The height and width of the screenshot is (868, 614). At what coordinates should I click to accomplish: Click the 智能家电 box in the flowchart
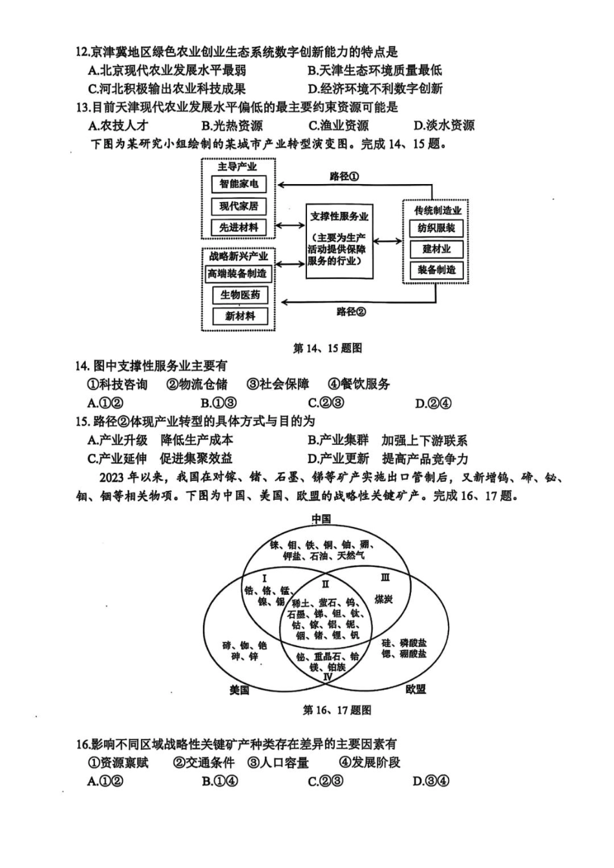[x=238, y=184]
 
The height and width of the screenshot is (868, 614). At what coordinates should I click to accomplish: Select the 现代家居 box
[x=238, y=206]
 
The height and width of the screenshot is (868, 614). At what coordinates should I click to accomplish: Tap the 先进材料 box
[x=238, y=227]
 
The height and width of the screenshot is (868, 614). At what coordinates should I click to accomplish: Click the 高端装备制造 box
[x=237, y=274]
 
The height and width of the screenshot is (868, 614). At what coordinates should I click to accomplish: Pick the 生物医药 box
[x=240, y=295]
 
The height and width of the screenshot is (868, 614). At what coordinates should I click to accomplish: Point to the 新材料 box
[x=240, y=316]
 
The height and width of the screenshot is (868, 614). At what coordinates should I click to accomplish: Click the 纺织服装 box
[x=436, y=228]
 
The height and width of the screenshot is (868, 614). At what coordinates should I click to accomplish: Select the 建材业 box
[x=436, y=249]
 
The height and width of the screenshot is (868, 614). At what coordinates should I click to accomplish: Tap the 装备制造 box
[x=436, y=270]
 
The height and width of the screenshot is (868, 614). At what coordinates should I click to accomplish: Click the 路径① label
[x=344, y=176]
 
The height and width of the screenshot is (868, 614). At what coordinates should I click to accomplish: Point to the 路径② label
[x=351, y=312]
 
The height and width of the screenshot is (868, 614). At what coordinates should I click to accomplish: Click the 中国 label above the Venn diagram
[x=321, y=519]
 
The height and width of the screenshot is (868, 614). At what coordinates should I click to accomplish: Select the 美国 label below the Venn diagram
[x=240, y=690]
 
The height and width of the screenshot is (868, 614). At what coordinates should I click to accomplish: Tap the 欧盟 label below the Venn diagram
[x=416, y=689]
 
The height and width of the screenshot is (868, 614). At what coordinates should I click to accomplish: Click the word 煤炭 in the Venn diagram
[x=384, y=599]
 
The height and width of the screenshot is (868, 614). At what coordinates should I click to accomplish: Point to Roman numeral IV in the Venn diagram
[x=328, y=677]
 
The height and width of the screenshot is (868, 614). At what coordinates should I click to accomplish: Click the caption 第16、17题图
[x=337, y=710]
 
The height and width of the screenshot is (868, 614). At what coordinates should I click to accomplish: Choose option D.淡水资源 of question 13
[x=444, y=125]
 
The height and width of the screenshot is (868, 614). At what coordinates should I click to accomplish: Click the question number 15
[x=81, y=422]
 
